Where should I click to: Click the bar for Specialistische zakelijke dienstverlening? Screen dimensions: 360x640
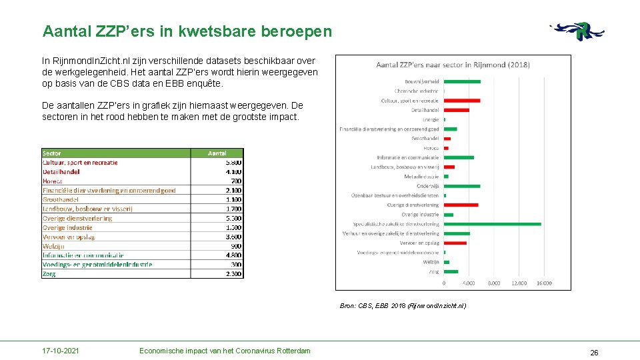pyautogui.click(x=493, y=224)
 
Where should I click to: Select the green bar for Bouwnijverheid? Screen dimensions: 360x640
pyautogui.click(x=462, y=81)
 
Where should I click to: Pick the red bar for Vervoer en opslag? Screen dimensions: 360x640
pyautogui.click(x=455, y=243)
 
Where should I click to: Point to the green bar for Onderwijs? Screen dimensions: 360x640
pyautogui.click(x=462, y=186)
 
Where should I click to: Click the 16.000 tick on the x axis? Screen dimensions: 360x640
pyautogui.click(x=543, y=283)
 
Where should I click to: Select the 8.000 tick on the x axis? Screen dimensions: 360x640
pyautogui.click(x=494, y=283)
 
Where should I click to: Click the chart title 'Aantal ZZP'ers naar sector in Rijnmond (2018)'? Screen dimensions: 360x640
pyautogui.click(x=453, y=65)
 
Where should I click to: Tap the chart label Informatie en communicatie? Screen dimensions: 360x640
pyautogui.click(x=408, y=157)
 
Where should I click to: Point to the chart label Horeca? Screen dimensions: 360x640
pyautogui.click(x=431, y=148)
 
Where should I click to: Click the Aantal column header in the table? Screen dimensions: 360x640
pyautogui.click(x=217, y=153)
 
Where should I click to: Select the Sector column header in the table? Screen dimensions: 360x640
pyautogui.click(x=52, y=153)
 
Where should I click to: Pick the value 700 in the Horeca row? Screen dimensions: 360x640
pyautogui.click(x=236, y=181)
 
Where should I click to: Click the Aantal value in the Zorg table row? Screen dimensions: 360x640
pyautogui.click(x=233, y=273)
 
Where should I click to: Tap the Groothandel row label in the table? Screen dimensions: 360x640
pyautogui.click(x=61, y=199)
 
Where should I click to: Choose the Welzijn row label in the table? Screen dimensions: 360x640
pyautogui.click(x=53, y=246)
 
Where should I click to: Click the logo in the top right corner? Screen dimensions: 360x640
pyautogui.click(x=578, y=31)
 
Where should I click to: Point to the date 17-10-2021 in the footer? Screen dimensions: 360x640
pyautogui.click(x=60, y=351)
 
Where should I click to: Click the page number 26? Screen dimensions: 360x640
pyautogui.click(x=594, y=352)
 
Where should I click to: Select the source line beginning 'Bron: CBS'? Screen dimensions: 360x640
pyautogui.click(x=402, y=305)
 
